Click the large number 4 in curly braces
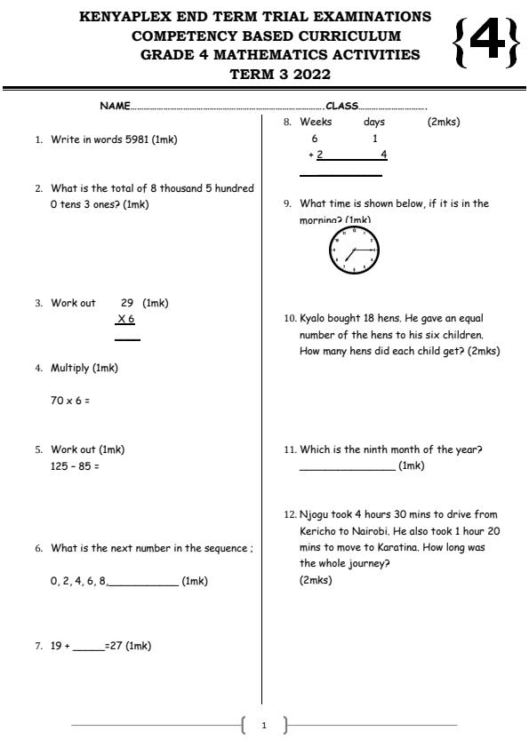pos(485,44)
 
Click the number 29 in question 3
pos(126,303)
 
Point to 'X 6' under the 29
pos(126,320)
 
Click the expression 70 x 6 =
pos(70,401)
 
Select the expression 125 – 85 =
pos(75,465)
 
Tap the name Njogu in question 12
pos(315,514)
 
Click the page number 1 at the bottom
pos(263,726)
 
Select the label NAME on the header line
pos(115,107)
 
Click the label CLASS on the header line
pos(342,107)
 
